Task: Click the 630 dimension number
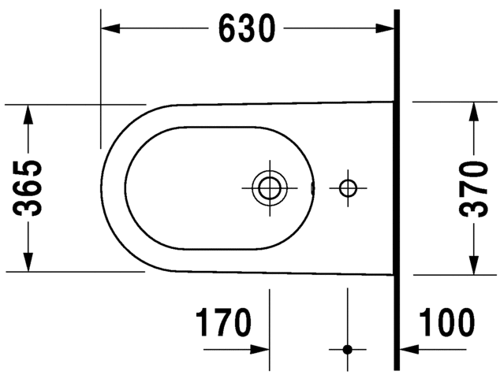pyautogui.click(x=246, y=29)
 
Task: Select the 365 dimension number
pyautogui.click(x=30, y=187)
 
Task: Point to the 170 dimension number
pyautogui.click(x=223, y=323)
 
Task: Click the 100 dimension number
pyautogui.click(x=446, y=323)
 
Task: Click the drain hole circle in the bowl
pyautogui.click(x=269, y=187)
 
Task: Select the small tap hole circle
pyautogui.click(x=347, y=187)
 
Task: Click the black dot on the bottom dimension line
pyautogui.click(x=347, y=348)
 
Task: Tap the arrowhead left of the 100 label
pyautogui.click(x=409, y=348)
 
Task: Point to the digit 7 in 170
pyautogui.click(x=223, y=323)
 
